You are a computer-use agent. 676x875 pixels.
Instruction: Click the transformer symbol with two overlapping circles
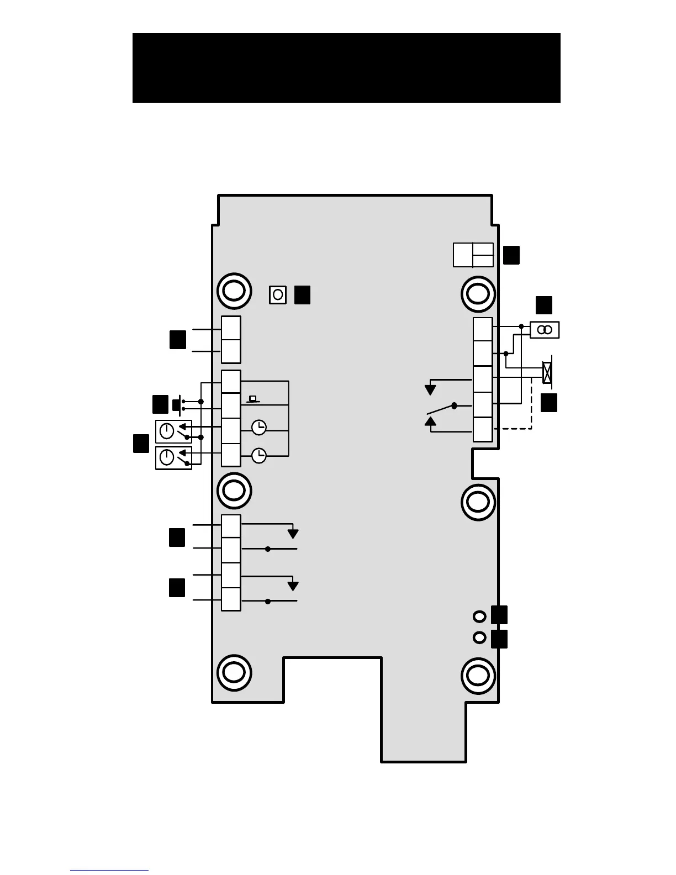pyautogui.click(x=545, y=330)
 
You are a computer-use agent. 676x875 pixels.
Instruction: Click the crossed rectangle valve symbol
pyautogui.click(x=547, y=373)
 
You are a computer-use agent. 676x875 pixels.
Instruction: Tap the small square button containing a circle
pyautogui.click(x=278, y=295)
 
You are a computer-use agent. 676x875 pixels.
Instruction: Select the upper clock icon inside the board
pyautogui.click(x=258, y=428)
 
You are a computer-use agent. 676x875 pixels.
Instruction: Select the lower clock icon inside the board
pyautogui.click(x=258, y=456)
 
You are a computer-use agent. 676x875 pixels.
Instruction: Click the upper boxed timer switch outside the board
pyautogui.click(x=173, y=431)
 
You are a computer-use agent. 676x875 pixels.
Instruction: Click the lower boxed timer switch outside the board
pyautogui.click(x=173, y=458)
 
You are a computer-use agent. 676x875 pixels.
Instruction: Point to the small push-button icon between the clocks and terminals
pyautogui.click(x=253, y=399)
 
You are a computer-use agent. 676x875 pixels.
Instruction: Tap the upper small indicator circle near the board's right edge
pyautogui.click(x=480, y=615)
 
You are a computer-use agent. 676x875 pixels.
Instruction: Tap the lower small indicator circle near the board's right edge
pyautogui.click(x=480, y=637)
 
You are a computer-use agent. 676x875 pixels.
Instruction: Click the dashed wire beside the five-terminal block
pyautogui.click(x=531, y=409)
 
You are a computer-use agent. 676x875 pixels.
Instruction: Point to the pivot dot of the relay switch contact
pyautogui.click(x=454, y=406)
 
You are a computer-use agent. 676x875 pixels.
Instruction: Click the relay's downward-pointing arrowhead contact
pyautogui.click(x=430, y=390)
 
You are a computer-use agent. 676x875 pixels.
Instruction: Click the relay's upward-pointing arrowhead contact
pyautogui.click(x=430, y=421)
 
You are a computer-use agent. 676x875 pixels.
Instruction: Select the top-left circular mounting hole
pyautogui.click(x=234, y=291)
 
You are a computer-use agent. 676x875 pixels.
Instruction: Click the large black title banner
pyautogui.click(x=346, y=68)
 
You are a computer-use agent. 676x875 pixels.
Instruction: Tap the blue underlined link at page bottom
pyautogui.click(x=109, y=871)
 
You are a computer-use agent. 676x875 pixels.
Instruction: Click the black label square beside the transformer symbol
pyautogui.click(x=543, y=305)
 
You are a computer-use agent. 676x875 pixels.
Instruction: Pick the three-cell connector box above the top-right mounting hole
pyautogui.click(x=473, y=255)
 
